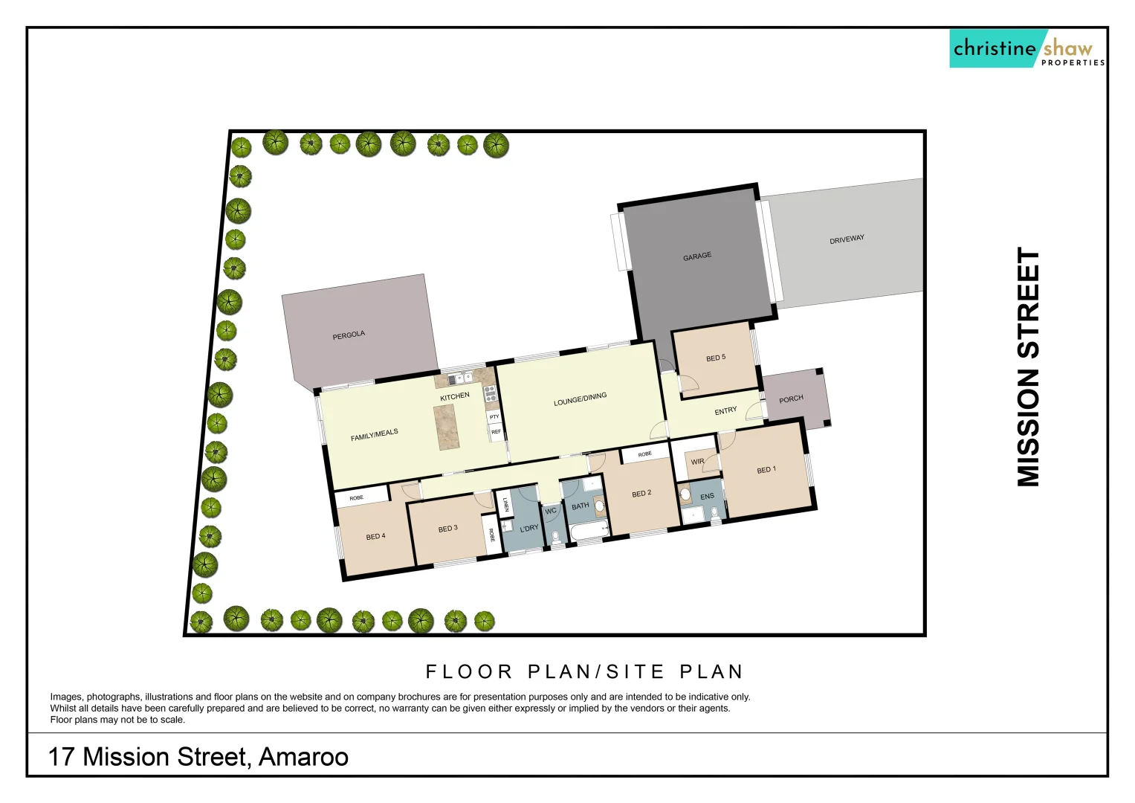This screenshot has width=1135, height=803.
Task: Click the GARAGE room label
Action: point(697,257)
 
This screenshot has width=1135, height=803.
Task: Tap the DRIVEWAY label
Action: point(847,239)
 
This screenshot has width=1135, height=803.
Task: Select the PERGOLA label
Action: point(349,335)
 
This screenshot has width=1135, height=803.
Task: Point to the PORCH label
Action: point(791,399)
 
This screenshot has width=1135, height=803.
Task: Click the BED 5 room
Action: point(716,358)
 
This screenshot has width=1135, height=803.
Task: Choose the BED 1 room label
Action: point(766,470)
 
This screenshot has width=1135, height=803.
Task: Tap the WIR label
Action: point(697,462)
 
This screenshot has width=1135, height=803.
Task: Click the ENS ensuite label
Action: point(707,497)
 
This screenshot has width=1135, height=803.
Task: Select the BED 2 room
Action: point(641,494)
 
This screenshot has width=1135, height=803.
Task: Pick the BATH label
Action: point(580,506)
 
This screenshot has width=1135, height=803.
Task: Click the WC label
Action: point(551,511)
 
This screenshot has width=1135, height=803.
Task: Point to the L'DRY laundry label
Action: point(529,529)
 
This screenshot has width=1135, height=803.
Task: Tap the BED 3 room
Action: point(448,529)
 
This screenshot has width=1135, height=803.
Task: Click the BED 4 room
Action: point(376,536)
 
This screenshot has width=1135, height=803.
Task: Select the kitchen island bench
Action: point(448,427)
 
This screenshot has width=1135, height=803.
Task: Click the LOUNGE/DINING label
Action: point(580,399)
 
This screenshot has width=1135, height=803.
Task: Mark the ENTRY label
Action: point(725,411)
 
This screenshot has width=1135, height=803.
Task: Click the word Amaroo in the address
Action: point(303,757)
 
